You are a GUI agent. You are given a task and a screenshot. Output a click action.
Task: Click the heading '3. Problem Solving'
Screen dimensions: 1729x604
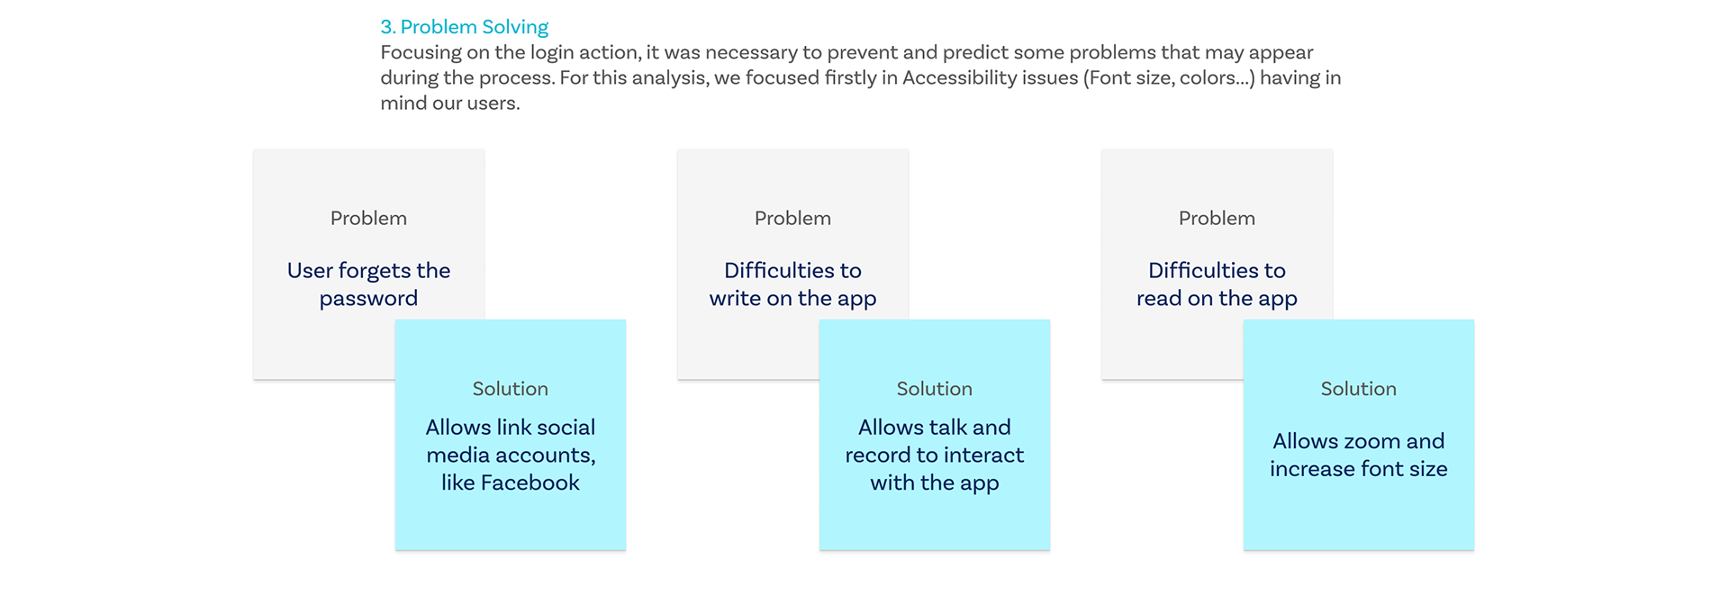(464, 28)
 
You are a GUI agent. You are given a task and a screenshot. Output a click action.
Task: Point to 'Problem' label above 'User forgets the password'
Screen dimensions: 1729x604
(368, 218)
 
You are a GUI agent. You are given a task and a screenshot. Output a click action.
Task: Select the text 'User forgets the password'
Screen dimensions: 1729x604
(368, 284)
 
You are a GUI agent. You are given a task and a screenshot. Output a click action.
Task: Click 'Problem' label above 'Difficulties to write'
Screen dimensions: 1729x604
(792, 218)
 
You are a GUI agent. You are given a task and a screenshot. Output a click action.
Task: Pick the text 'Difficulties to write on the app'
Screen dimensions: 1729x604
(792, 284)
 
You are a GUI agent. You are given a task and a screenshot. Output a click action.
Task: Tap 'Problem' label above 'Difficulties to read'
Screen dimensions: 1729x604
(1217, 218)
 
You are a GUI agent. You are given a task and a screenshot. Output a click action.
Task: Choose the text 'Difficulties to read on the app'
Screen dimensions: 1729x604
(1217, 284)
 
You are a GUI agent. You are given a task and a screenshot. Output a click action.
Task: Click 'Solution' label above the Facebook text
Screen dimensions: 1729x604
(511, 389)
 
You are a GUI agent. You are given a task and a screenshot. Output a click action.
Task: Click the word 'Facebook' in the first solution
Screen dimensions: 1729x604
(530, 482)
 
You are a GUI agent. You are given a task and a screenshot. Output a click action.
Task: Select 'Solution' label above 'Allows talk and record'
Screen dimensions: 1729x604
(935, 389)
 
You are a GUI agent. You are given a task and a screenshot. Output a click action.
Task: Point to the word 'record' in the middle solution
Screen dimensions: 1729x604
(878, 455)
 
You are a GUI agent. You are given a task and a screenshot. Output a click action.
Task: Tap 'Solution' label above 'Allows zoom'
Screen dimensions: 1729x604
(1359, 389)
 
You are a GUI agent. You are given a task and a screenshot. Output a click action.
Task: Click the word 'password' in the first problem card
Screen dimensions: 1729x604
(368, 299)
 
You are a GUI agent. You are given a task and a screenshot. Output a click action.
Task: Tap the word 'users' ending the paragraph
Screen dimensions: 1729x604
(493, 104)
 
